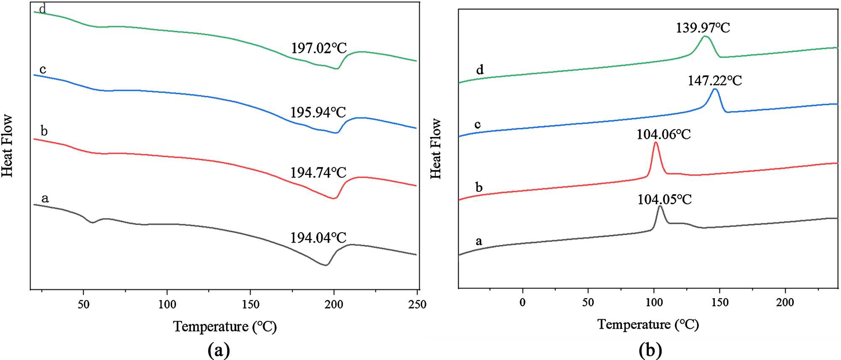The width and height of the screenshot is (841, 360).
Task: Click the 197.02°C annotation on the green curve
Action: pyautogui.click(x=319, y=48)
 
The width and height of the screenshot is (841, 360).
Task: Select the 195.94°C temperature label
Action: pyautogui.click(x=318, y=112)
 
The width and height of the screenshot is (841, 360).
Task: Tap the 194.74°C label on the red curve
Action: pyautogui.click(x=318, y=172)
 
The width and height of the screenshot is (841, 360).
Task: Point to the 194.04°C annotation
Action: pyautogui.click(x=318, y=238)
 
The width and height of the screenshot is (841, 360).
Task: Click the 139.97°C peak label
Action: pyautogui.click(x=703, y=28)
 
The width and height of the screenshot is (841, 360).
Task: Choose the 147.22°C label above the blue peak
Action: pyautogui.click(x=714, y=80)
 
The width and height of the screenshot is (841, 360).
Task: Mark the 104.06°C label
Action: pyautogui.click(x=664, y=134)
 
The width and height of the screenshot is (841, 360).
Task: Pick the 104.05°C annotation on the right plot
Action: pyautogui.click(x=664, y=199)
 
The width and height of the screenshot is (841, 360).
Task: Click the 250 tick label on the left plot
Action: pyautogui.click(x=417, y=304)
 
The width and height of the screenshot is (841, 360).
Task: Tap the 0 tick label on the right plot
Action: pyautogui.click(x=522, y=302)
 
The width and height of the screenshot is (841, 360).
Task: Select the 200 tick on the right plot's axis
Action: pyautogui.click(x=785, y=302)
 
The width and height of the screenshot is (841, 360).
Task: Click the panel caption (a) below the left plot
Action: pyautogui.click(x=219, y=349)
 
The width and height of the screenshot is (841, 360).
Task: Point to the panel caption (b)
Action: pyautogui.click(x=650, y=349)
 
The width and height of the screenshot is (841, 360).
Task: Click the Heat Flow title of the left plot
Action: pyautogui.click(x=7, y=146)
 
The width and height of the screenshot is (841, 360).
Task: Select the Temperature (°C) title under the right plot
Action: pyautogui.click(x=648, y=324)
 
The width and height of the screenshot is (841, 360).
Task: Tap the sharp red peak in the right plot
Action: pyautogui.click(x=656, y=143)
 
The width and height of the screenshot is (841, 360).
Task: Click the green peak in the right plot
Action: pyautogui.click(x=705, y=37)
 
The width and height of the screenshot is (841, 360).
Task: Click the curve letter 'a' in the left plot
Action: pyautogui.click(x=45, y=198)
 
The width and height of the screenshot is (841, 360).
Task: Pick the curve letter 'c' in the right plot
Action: pyautogui.click(x=477, y=124)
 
